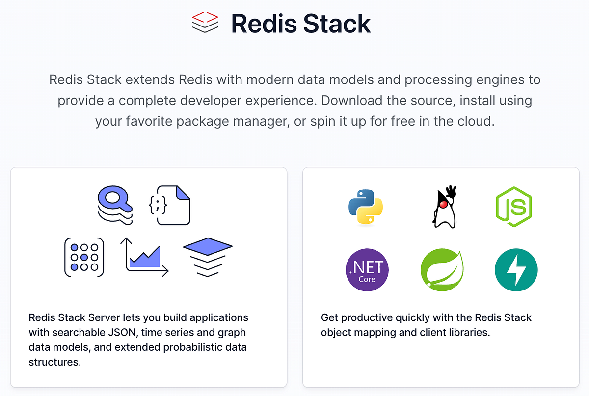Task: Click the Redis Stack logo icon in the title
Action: [205, 23]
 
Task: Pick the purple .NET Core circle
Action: [367, 270]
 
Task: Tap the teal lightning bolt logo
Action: [516, 270]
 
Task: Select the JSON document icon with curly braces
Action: [169, 206]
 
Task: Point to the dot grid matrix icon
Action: [84, 257]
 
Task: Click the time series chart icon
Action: [145, 257]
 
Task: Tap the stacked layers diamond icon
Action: [208, 256]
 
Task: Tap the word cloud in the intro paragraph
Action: [474, 121]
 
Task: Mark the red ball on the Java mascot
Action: [443, 204]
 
